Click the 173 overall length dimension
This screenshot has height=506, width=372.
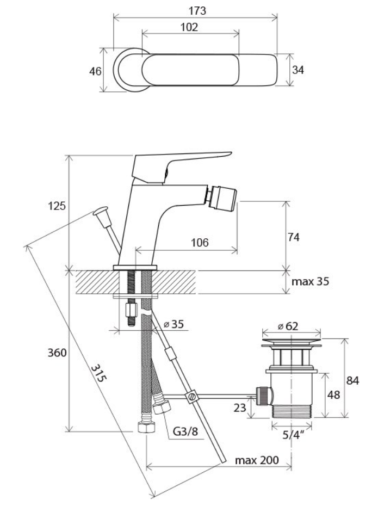coord(197,11)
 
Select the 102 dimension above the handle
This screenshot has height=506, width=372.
coord(189,27)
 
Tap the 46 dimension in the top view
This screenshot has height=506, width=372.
coord(95,71)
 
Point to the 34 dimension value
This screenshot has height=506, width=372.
coord(298,70)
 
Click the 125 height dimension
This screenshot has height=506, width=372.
coord(57,206)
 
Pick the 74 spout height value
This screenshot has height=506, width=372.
coord(293,237)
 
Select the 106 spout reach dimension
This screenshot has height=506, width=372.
coord(200,242)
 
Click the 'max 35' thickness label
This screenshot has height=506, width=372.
coord(311,281)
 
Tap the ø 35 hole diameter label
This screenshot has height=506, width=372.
coord(173,324)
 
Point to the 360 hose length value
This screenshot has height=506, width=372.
coord(57,353)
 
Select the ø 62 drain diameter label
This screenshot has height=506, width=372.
coord(288,326)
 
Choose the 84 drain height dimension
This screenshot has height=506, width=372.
coord(352,381)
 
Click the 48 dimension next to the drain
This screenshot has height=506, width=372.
coord(333,394)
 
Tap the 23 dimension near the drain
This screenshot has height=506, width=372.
coord(240,408)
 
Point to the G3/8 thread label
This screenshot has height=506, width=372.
coord(185,431)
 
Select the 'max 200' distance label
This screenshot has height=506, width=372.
coord(257,460)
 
